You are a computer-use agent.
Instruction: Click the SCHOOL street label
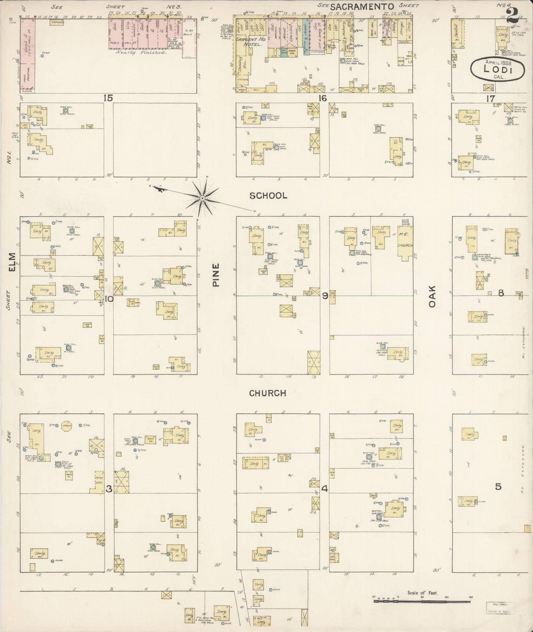pyautogui.click(x=268, y=196)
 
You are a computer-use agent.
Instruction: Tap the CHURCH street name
pyautogui.click(x=268, y=393)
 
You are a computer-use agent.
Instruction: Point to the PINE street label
pyautogui.click(x=216, y=275)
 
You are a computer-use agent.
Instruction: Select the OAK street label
pyautogui.click(x=432, y=297)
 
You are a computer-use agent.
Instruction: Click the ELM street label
pyautogui.click(x=12, y=262)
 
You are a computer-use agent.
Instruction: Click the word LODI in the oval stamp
pyautogui.click(x=498, y=69)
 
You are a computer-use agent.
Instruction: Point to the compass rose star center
pyautogui.click(x=202, y=198)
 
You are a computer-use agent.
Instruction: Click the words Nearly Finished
pyautogui.click(x=141, y=52)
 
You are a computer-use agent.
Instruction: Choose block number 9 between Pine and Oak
pyautogui.click(x=325, y=295)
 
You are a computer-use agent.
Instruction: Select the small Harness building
pyautogui.click(x=57, y=22)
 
